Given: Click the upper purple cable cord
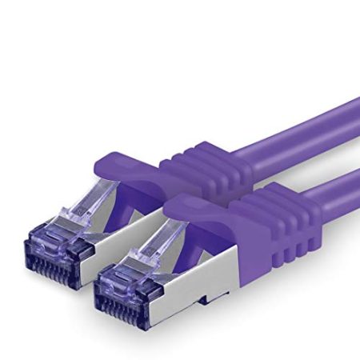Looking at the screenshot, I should pos(320,128).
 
